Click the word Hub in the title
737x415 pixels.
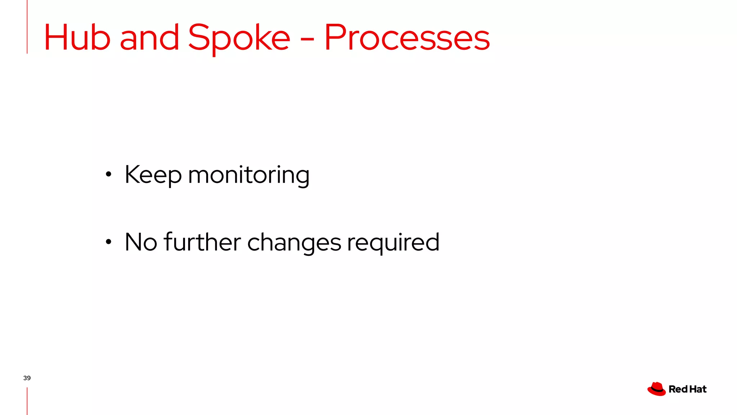tap(77, 37)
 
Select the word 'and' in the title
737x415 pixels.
tap(149, 37)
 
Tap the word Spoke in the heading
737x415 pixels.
tap(239, 38)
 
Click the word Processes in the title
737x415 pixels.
tap(407, 37)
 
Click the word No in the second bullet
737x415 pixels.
tap(141, 242)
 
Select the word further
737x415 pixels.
tap(202, 242)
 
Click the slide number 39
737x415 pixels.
tap(27, 378)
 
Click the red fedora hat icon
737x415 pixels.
tap(656, 389)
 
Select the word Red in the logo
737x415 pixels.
tap(678, 389)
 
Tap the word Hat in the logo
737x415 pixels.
tap(698, 389)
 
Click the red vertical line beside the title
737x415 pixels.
tap(27, 27)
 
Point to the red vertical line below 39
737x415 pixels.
tap(27, 401)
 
